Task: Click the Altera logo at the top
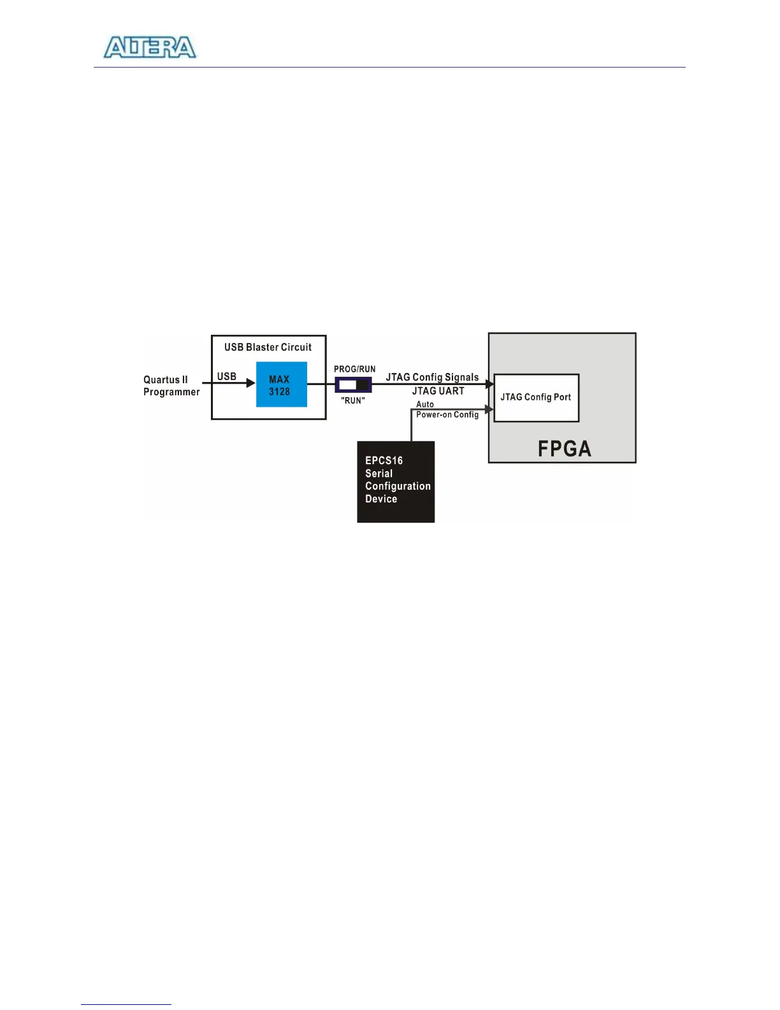[150, 48]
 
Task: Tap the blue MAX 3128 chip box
[281, 384]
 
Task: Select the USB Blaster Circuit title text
[268, 348]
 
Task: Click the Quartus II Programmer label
[171, 386]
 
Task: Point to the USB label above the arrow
[227, 376]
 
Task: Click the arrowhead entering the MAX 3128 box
[251, 383]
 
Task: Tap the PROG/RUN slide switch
[353, 385]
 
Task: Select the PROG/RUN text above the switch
[354, 369]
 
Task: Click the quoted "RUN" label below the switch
[353, 400]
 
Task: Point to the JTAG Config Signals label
[432, 377]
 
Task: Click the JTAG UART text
[438, 391]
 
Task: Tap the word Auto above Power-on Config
[425, 404]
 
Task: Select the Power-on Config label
[447, 414]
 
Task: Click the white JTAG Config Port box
[536, 398]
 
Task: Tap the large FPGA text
[564, 449]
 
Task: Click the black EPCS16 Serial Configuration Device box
[396, 481]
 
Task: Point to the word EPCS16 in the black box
[384, 460]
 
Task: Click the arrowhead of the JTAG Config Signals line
[490, 384]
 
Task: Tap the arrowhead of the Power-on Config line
[489, 409]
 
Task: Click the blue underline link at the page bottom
[126, 1004]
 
